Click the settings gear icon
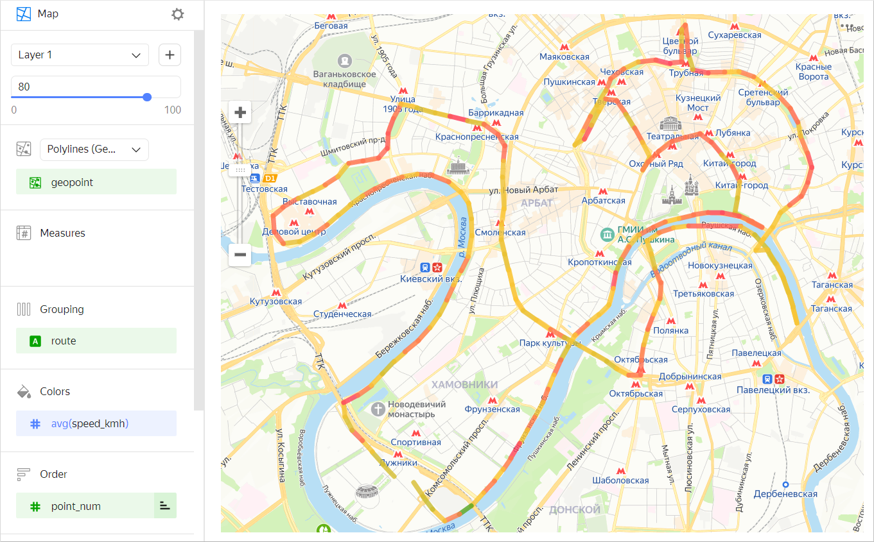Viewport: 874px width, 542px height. click(178, 14)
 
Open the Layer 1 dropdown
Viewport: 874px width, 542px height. click(80, 55)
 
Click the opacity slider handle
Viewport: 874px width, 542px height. click(147, 97)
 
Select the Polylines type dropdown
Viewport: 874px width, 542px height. click(94, 149)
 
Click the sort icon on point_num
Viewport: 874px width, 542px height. click(165, 506)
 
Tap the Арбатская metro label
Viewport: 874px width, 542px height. click(603, 201)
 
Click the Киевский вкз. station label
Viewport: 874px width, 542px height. click(431, 279)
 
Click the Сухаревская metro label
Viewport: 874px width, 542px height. click(734, 35)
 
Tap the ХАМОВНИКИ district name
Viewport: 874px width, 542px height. click(464, 384)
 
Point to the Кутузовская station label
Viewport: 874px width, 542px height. click(275, 301)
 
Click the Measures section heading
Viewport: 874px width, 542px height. click(62, 233)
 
